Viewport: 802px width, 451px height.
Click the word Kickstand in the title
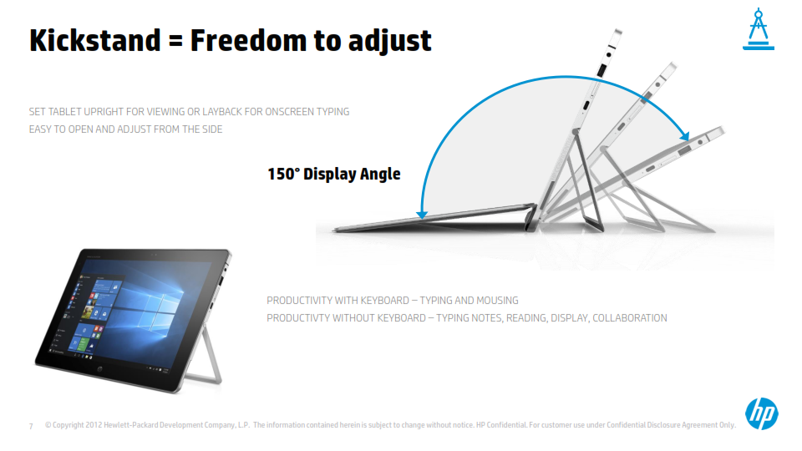point(95,40)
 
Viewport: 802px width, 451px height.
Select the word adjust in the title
point(390,42)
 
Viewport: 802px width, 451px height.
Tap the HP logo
point(762,413)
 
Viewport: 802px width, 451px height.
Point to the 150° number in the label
point(283,174)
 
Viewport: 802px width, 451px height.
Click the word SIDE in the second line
point(212,129)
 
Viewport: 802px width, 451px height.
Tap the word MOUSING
point(497,301)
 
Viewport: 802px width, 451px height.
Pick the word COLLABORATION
point(630,318)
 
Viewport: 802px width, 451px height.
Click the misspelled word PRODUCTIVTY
point(298,318)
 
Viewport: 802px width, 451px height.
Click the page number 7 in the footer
point(31,426)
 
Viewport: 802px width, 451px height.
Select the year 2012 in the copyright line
point(94,425)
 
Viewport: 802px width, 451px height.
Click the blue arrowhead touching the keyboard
point(421,215)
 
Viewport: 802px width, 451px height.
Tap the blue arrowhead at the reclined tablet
point(684,136)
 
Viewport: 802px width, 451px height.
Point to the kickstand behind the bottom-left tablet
point(206,357)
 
